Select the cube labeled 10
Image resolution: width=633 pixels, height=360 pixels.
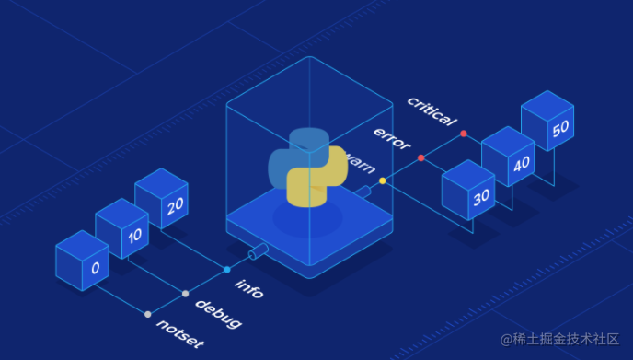coord(121,228)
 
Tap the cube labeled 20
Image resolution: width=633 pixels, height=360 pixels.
coord(161,198)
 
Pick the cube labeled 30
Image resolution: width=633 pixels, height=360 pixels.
coord(468,190)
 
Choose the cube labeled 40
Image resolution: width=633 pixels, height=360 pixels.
coord(508,157)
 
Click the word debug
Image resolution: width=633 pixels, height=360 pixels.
coord(218,313)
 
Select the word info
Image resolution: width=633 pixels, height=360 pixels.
coord(249,288)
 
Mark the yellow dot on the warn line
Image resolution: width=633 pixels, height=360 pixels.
coord(383,181)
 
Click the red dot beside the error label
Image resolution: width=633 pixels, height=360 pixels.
coord(421,157)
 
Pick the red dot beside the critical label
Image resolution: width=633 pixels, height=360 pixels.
coord(463,134)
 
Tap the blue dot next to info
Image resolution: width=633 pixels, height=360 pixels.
coord(227,270)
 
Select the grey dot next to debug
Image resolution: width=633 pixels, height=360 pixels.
coord(186,294)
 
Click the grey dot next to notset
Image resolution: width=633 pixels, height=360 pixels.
coord(147,314)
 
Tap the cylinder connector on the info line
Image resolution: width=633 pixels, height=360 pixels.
coord(257,250)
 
